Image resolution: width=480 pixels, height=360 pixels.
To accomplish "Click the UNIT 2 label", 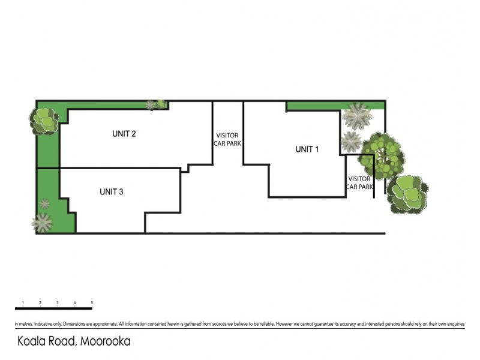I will pos(124,134).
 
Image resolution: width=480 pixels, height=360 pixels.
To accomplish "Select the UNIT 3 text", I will pos(112,192).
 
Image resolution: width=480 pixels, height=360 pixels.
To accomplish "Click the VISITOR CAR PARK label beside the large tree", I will pos(360,183).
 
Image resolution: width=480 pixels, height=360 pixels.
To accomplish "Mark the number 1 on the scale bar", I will pos(22,302).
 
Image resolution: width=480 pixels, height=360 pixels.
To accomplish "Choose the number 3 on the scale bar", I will pos(57,302).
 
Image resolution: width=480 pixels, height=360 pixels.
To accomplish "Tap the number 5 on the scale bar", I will pos(92,302).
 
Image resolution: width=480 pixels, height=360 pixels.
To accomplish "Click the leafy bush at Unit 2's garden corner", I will pos(44,119).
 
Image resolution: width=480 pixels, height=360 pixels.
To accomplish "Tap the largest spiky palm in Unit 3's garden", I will pos(42,223).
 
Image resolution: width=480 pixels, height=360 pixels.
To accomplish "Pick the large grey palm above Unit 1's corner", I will pos(359,115).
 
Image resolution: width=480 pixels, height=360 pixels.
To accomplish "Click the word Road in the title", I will pos(62,342).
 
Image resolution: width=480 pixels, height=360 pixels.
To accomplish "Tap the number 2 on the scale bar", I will pos(40,302).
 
